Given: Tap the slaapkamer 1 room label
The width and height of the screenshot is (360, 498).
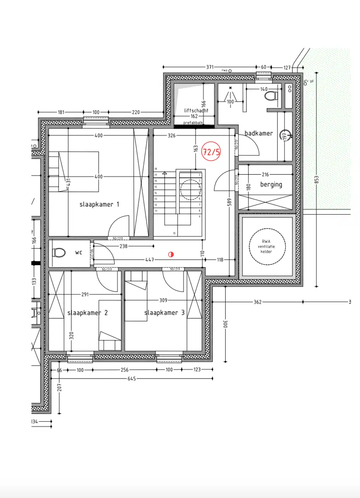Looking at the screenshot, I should click(x=100, y=204).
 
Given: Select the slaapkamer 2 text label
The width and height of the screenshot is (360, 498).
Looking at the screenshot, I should click(x=88, y=313).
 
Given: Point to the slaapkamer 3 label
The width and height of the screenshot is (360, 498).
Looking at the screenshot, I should click(x=165, y=313).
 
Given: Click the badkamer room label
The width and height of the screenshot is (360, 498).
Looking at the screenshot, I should click(x=259, y=133).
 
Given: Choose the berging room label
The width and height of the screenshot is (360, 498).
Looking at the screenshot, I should click(x=271, y=184).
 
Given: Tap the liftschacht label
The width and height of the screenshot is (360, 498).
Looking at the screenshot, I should click(x=196, y=111).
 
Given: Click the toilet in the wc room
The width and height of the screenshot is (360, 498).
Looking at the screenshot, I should click(x=59, y=252).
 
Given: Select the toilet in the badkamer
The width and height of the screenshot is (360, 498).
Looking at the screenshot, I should click(x=271, y=97).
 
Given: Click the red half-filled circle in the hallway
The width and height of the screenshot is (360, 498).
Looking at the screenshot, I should click(x=171, y=254).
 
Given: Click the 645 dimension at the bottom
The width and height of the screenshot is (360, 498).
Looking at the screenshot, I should click(x=131, y=378).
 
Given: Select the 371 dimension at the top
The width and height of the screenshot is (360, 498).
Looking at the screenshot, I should click(x=210, y=67).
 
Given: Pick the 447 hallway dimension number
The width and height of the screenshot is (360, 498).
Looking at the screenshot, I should click(x=150, y=260).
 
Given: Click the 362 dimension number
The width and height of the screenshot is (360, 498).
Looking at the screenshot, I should click(x=258, y=302).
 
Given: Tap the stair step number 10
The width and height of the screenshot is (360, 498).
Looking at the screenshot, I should click(x=174, y=233).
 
